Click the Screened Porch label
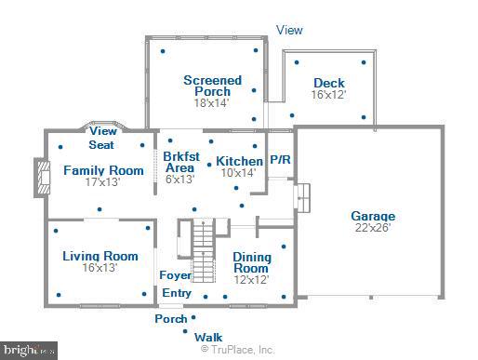pos(212,86)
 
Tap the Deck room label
pos(328,83)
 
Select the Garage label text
pos(373,215)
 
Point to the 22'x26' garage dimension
pos(373,227)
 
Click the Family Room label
pos(103,170)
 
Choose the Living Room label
pos(100,256)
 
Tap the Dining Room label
pos(251,263)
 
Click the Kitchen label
pos(240,160)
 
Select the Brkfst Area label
pos(179,162)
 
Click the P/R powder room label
pos(280,160)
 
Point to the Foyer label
pos(176,275)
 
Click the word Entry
pos(177,293)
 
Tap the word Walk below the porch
pos(207,337)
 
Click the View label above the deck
pos(289,30)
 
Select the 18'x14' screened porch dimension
pos(212,103)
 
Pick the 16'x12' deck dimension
pos(328,95)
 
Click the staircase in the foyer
pos(204,237)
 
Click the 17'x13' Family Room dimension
pos(103,183)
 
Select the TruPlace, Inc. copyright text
pos(238,350)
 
